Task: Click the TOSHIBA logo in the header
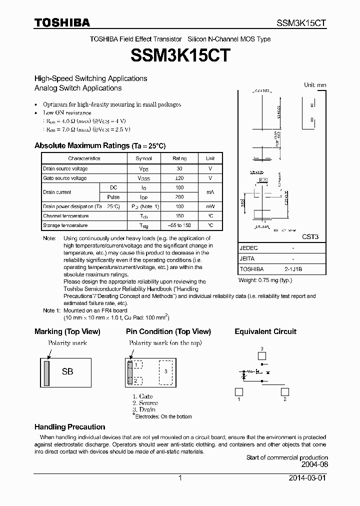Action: tap(62, 22)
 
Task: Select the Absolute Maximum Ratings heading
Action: tap(99, 145)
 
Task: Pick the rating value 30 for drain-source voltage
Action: tap(179, 168)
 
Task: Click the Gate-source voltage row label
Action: tap(65, 178)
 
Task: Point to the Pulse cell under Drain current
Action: tap(113, 197)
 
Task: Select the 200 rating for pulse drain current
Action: tap(179, 197)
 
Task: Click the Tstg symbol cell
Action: tap(143, 225)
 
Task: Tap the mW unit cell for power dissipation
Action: tap(210, 206)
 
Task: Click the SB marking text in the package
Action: tap(67, 372)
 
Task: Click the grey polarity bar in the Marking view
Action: tap(46, 372)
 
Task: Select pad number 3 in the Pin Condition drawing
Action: tap(166, 371)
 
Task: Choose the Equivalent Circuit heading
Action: tap(265, 331)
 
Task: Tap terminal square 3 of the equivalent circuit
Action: tap(261, 355)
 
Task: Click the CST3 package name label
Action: tap(310, 237)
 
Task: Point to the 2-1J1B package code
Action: tap(293, 269)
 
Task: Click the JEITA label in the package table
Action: tap(247, 259)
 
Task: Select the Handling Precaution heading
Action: tap(69, 427)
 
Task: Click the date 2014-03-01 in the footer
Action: tap(307, 478)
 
